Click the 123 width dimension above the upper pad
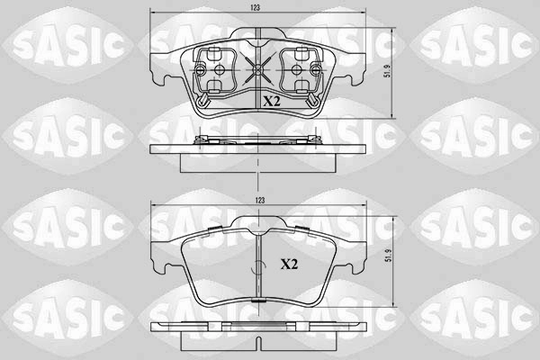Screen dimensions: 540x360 [x=256, y=7]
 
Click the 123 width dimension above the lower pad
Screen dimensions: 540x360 [x=260, y=201]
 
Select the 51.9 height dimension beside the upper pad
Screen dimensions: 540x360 [x=388, y=70]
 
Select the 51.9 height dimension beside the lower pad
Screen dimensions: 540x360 [x=389, y=256]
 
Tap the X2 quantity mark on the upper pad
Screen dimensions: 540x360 [x=272, y=101]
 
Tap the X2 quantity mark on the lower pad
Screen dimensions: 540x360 [x=289, y=265]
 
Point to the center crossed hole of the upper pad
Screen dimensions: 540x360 [x=257, y=70]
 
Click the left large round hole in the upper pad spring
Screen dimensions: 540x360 [x=219, y=70]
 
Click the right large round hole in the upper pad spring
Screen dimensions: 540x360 [x=296, y=70]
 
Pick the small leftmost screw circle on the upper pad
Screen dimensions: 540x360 [x=200, y=70]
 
